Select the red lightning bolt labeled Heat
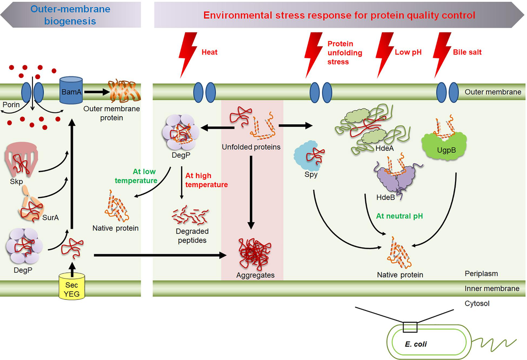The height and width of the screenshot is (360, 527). tap(188, 56)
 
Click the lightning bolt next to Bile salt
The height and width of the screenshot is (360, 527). tap(441, 56)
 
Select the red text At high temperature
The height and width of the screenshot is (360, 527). tap(206, 180)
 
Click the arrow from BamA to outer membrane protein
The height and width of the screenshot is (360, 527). tap(95, 92)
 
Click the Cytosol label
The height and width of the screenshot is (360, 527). tap(477, 303)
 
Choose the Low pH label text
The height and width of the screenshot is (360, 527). tap(408, 52)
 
